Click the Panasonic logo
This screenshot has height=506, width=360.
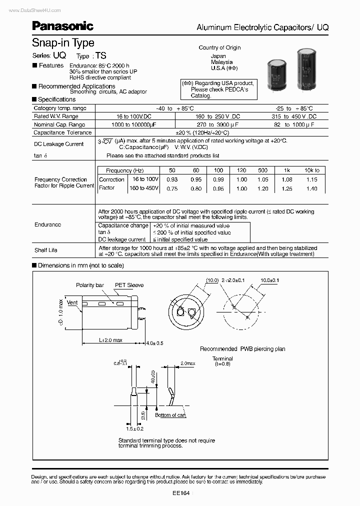click(62, 25)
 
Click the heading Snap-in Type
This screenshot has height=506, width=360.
click(63, 43)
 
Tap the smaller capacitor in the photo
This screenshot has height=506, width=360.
click(276, 73)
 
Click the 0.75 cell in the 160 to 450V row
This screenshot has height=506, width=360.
click(172, 188)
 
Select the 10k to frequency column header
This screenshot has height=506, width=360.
click(311, 170)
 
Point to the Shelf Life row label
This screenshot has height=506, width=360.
click(46, 250)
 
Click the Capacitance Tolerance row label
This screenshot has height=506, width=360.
click(62, 132)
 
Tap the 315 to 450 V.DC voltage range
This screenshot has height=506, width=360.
click(295, 116)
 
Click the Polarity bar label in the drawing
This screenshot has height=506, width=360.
click(90, 285)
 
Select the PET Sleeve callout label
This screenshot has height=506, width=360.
click(129, 285)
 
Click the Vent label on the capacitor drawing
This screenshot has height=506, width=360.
click(72, 302)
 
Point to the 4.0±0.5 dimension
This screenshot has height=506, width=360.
click(154, 343)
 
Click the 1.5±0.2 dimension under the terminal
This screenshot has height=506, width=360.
click(134, 429)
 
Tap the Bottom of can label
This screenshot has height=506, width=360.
click(170, 415)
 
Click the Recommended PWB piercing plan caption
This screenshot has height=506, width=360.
click(242, 348)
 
